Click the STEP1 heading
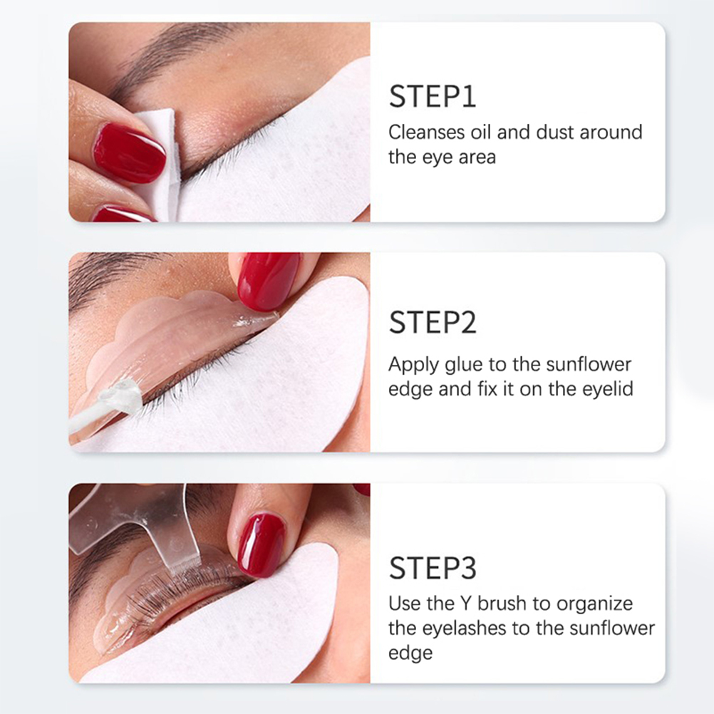[x=432, y=96]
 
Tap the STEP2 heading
[x=433, y=322]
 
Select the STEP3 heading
[x=433, y=568]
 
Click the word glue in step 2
[x=464, y=365]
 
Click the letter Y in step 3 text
[x=465, y=604]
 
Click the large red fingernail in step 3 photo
[x=261, y=545]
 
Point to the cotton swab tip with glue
[x=120, y=398]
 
